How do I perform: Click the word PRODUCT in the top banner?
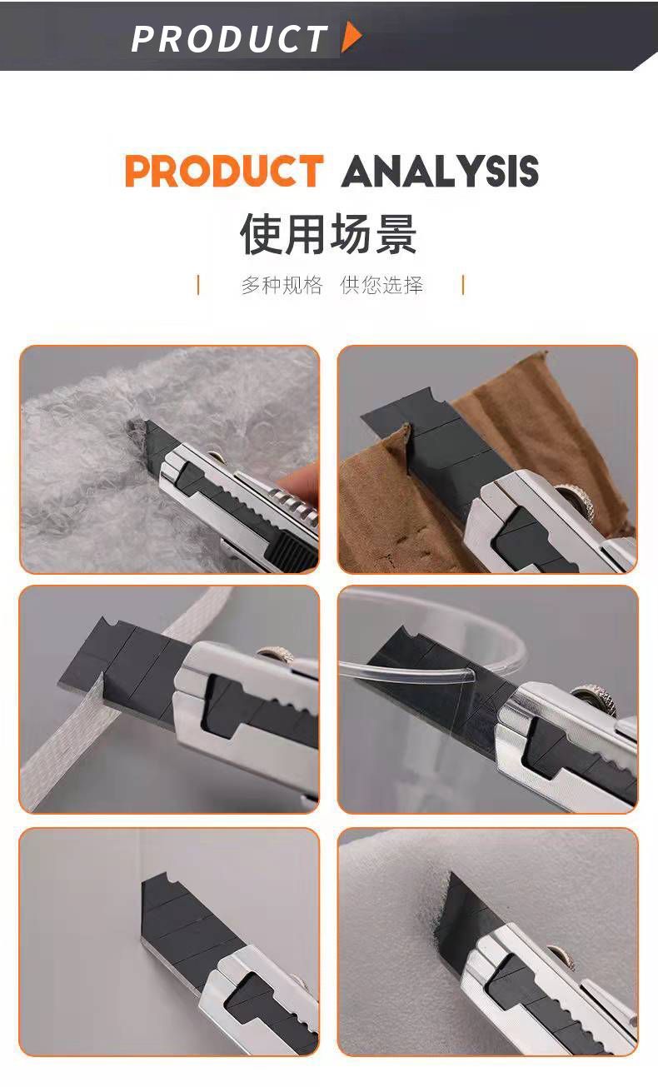[x=229, y=38]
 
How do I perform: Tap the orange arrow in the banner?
[x=351, y=37]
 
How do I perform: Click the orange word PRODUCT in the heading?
[x=224, y=171]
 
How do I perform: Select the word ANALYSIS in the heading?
[x=440, y=171]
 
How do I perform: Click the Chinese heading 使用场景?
[x=328, y=234]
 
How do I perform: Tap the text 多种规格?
[x=282, y=285]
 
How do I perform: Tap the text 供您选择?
[x=381, y=285]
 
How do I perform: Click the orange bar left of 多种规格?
[x=198, y=285]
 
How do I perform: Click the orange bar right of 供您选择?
[x=463, y=285]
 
